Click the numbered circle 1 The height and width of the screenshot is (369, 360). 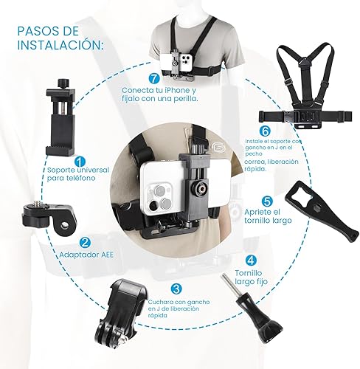click(80, 161)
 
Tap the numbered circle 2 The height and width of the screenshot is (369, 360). click(86, 242)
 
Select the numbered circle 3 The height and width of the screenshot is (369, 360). click(175, 289)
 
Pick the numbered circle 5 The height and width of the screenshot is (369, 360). click(267, 201)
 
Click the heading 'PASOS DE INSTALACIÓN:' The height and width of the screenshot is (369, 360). click(60, 38)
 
